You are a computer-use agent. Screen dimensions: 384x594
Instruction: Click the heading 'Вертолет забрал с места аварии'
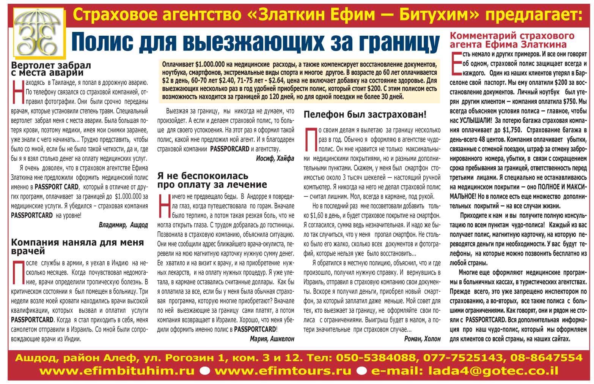(x=51, y=68)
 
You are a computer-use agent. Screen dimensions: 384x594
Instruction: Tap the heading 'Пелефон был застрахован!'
(x=365, y=114)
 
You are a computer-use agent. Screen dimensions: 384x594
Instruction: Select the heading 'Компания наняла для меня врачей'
(x=77, y=247)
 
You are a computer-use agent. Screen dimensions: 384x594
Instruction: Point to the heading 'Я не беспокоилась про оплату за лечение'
(x=212, y=180)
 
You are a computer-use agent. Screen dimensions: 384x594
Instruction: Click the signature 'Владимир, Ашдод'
(x=123, y=225)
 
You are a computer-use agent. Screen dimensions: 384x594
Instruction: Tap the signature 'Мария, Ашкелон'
(x=272, y=339)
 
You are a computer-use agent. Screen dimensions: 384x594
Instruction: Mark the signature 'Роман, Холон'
(x=422, y=339)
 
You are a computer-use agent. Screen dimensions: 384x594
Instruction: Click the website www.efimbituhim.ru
(x=117, y=371)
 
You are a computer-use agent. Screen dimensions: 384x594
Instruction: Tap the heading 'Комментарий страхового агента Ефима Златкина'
(x=512, y=40)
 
